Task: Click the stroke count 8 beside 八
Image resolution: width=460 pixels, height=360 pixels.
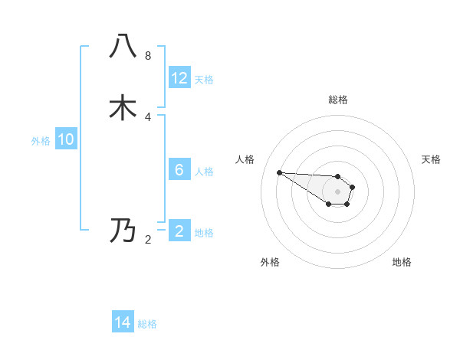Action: pos(148,56)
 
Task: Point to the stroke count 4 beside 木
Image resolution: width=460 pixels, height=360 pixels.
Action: pos(148,116)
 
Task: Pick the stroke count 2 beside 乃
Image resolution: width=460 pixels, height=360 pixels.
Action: pos(148,240)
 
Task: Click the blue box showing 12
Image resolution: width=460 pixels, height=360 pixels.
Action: pos(179,78)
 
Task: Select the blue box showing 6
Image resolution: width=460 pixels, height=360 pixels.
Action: pos(179,170)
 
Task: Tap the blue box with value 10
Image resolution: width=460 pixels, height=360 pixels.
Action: pos(66,139)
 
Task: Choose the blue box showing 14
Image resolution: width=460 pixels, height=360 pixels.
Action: pos(123,322)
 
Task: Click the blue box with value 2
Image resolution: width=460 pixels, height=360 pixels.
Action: pos(179,231)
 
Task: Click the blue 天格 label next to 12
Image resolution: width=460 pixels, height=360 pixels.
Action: pos(204,80)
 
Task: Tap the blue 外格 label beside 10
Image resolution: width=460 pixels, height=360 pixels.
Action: pos(41,141)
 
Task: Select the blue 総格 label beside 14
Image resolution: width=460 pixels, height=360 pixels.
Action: pos(147,324)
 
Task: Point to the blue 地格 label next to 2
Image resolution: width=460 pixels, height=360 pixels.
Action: pos(204,233)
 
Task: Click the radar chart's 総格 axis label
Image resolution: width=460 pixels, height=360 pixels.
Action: pos(338,100)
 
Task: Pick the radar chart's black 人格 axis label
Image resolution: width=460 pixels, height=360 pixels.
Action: pos(245,159)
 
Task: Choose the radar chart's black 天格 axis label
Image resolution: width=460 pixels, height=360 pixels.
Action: pos(431,159)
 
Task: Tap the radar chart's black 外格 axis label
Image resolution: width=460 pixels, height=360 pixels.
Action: pos(270,262)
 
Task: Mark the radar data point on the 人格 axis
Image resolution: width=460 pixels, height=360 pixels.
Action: pos(279,172)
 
